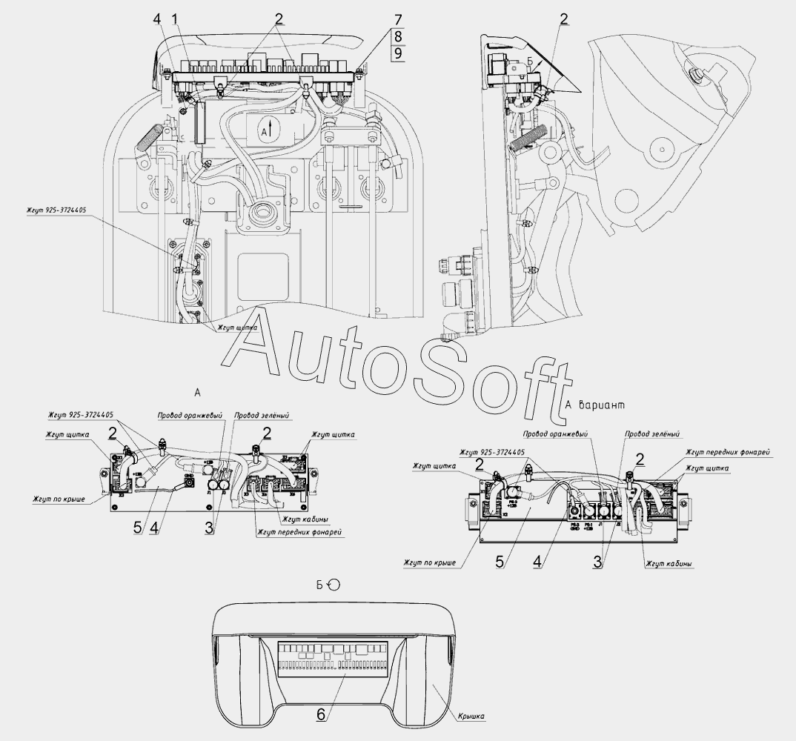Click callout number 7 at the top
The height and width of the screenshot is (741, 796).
[x=397, y=18]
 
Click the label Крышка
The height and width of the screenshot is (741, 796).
[x=471, y=716]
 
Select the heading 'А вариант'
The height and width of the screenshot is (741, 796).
[x=595, y=405]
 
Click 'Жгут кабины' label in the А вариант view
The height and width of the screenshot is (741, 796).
[x=669, y=564]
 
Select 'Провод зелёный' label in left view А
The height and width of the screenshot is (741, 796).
[x=262, y=416]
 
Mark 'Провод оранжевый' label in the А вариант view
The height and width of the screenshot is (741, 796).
[x=554, y=434]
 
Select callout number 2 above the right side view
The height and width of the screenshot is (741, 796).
[x=565, y=19]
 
